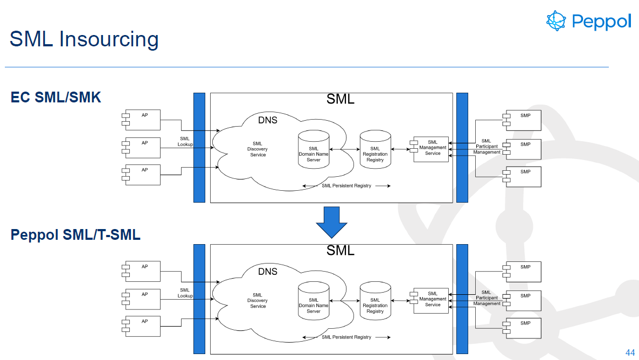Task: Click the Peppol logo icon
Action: pyautogui.click(x=557, y=20)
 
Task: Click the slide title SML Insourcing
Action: pyautogui.click(x=84, y=39)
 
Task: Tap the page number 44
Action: pyautogui.click(x=630, y=352)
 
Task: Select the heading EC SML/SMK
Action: pyautogui.click(x=56, y=97)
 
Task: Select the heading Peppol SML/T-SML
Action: pyautogui.click(x=75, y=234)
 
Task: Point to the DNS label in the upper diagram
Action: pyautogui.click(x=268, y=120)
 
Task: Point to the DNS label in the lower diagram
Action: pyautogui.click(x=268, y=272)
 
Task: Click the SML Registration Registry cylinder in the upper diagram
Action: pyautogui.click(x=375, y=149)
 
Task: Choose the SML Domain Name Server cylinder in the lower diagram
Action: pyautogui.click(x=314, y=302)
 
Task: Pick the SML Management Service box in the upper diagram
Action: pyautogui.click(x=431, y=149)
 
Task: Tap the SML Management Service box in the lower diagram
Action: pyautogui.click(x=431, y=300)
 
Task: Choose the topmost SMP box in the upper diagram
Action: pyautogui.click(x=523, y=120)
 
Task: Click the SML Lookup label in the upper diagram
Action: pyautogui.click(x=185, y=142)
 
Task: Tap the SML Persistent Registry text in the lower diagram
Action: pyautogui.click(x=346, y=337)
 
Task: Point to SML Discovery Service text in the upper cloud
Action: pyautogui.click(x=258, y=149)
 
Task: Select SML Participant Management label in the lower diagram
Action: pyautogui.click(x=487, y=298)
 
